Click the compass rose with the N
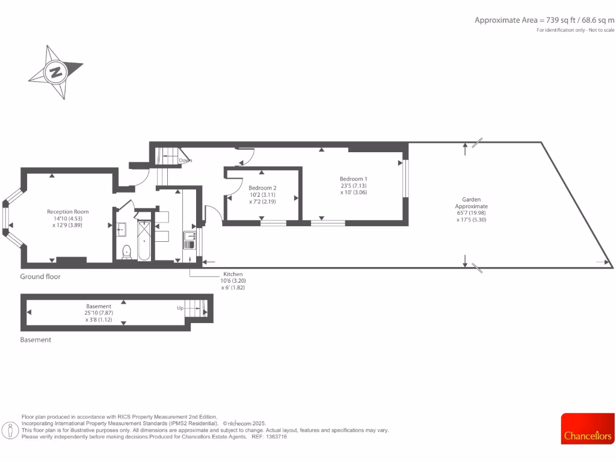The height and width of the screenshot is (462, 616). click(56, 72)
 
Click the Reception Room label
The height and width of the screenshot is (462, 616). click(68, 212)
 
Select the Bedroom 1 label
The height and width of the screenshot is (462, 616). click(353, 179)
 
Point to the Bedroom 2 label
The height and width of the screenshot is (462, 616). click(263, 188)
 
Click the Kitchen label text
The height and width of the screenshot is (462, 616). click(233, 274)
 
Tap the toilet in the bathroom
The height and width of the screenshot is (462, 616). click(126, 251)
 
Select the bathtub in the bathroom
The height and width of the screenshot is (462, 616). click(144, 241)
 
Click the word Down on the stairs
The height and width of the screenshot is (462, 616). click(185, 161)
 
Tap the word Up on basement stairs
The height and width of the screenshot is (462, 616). click(180, 307)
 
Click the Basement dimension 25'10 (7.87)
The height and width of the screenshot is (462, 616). click(99, 313)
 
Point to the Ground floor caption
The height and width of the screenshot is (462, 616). click(40, 277)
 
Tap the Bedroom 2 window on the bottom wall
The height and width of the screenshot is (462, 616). click(273, 223)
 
